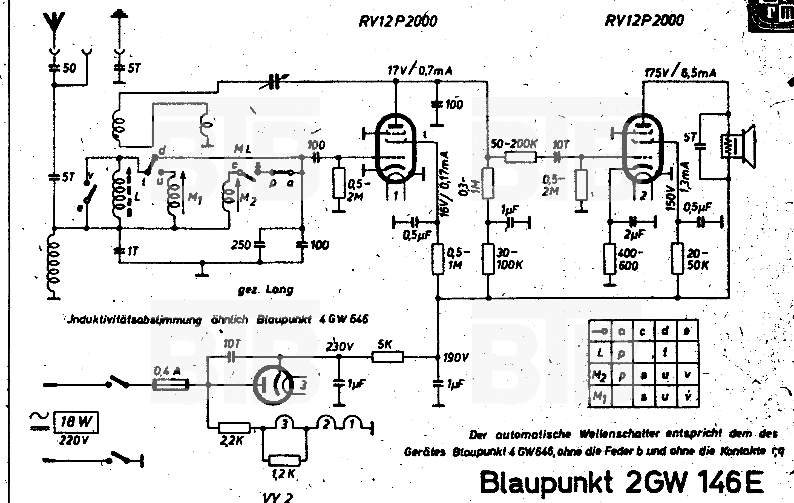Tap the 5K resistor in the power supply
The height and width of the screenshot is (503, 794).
(x=387, y=357)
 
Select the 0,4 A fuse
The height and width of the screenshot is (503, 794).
(x=171, y=385)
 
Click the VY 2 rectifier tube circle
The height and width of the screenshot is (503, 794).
(x=273, y=385)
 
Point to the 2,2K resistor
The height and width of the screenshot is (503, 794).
(x=234, y=428)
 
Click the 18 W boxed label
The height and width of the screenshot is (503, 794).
(x=76, y=422)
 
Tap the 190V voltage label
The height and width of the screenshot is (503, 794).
(x=456, y=358)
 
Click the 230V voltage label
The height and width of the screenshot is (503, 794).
(x=339, y=347)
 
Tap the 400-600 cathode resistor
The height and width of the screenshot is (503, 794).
(x=610, y=259)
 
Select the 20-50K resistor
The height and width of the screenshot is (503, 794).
(x=678, y=259)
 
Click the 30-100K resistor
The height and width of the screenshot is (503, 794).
(x=488, y=259)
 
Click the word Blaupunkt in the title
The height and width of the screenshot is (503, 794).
(x=546, y=482)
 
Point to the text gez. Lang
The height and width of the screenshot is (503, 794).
(x=265, y=290)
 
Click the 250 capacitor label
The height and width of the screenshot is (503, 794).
(x=241, y=245)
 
